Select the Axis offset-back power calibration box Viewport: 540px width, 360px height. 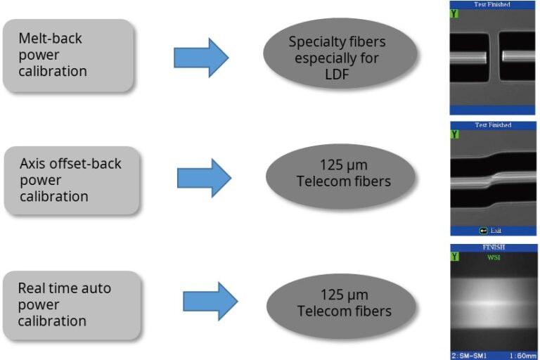pos(71,180)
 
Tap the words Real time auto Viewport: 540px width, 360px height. pos(65,288)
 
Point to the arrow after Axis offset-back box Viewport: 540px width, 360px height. pos(203,178)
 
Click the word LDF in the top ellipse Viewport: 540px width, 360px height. pos(340,74)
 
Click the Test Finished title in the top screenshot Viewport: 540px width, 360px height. pos(493,4)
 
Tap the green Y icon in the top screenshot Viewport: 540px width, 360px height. pos(454,13)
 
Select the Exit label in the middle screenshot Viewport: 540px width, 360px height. pos(496,231)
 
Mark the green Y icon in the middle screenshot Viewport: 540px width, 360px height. pos(454,134)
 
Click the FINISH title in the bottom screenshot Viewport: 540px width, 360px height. pos(493,247)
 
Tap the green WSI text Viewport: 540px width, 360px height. pos(493,257)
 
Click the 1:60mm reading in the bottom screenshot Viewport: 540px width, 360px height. pos(521,355)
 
